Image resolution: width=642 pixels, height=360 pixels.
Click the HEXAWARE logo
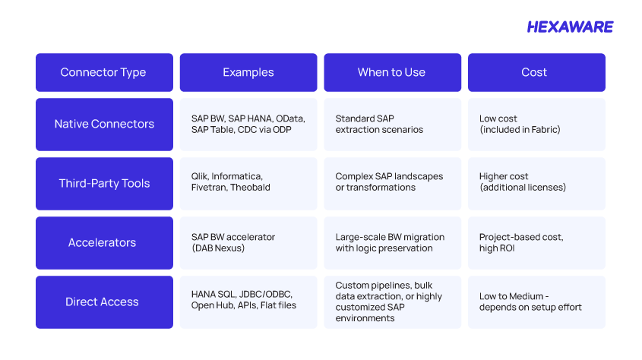tap(570, 27)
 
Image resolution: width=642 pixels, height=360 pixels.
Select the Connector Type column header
tap(104, 72)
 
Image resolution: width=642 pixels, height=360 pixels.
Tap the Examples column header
tap(248, 72)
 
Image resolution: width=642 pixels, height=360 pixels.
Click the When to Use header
tap(393, 72)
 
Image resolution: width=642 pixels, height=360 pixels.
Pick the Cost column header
tap(537, 72)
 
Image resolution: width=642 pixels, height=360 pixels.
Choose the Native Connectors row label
tap(104, 125)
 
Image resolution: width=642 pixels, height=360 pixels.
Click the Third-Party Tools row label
tap(104, 184)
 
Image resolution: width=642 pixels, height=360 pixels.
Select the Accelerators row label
tap(104, 243)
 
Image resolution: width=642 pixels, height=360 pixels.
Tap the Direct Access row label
tap(104, 302)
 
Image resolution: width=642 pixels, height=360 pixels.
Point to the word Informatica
tap(237, 176)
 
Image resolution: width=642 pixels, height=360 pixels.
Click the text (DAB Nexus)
tap(218, 248)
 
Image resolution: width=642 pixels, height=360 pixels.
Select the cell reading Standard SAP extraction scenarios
tap(393, 125)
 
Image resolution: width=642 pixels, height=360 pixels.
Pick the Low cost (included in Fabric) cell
tap(537, 125)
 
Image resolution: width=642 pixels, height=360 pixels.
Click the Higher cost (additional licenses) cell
tap(537, 184)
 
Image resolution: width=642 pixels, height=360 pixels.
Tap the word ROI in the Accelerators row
tap(507, 248)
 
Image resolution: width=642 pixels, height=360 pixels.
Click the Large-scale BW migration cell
tap(393, 243)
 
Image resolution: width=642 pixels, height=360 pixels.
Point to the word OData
tap(290, 118)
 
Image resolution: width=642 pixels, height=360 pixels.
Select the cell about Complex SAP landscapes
tap(393, 184)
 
